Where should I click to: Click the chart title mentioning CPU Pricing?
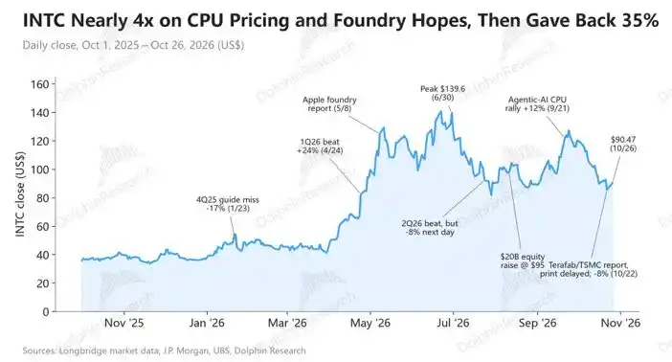[341, 20]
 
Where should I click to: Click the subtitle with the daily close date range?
[133, 45]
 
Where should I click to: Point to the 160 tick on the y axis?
[40, 84]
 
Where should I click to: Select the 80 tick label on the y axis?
[43, 198]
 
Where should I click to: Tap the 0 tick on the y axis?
[46, 312]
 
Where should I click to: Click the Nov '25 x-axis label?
[123, 323]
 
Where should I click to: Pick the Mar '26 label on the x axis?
[287, 323]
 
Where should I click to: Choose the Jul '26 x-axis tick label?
[453, 323]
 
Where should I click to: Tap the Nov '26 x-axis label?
[620, 323]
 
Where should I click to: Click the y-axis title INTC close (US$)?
[20, 193]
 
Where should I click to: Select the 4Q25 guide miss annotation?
[228, 204]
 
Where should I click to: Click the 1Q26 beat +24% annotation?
[320, 146]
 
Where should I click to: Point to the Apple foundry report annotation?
[329, 104]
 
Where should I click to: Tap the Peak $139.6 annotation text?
[442, 93]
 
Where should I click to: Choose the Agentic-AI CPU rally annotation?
[537, 104]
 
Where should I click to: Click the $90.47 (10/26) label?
[623, 144]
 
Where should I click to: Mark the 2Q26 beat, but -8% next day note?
[430, 228]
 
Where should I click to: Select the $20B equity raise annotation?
[523, 260]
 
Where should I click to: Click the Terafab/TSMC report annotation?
[589, 269]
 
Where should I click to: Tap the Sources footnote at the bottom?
[164, 351]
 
